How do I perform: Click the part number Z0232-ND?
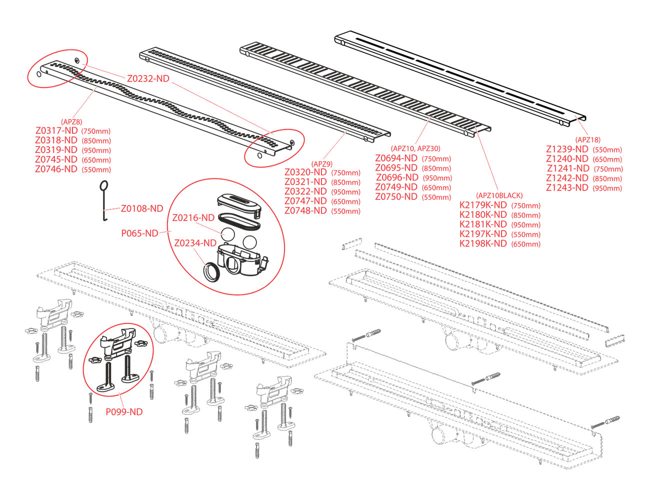tap(148, 78)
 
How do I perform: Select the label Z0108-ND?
tap(142, 208)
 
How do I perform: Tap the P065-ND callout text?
tap(139, 233)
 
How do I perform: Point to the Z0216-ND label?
tap(193, 218)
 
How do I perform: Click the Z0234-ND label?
tap(195, 243)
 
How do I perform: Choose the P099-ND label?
tap(124, 412)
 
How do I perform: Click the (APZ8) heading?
tap(71, 121)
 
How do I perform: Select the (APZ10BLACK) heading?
tap(499, 195)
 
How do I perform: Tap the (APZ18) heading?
tap(587, 140)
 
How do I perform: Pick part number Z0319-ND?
tap(56, 150)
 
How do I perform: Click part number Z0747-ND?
tap(305, 201)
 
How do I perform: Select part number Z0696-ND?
tap(397, 177)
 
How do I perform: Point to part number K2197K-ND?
tap(483, 234)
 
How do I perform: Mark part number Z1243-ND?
tap(567, 187)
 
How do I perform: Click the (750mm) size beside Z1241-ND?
tap(608, 169)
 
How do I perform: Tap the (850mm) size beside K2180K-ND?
tap(526, 215)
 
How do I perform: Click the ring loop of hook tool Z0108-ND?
tap(104, 185)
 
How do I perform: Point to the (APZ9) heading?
tap(322, 163)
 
